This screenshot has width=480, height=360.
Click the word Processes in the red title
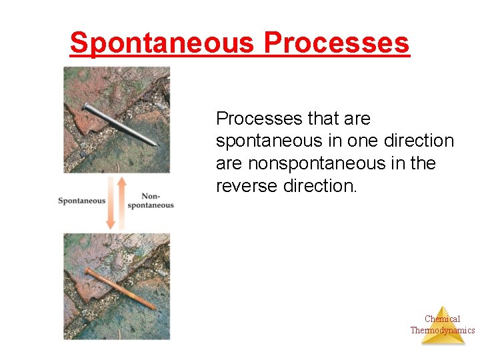pyautogui.click(x=337, y=43)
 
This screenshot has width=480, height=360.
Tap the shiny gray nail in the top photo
pyautogui.click(x=120, y=124)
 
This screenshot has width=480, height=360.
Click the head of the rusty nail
pyautogui.click(x=87, y=271)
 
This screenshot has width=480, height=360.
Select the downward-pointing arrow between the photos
pyautogui.click(x=111, y=203)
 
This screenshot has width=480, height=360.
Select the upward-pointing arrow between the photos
pyautogui.click(x=122, y=200)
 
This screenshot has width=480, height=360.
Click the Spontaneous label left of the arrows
pyautogui.click(x=81, y=201)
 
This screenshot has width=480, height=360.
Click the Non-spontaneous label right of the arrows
pyautogui.click(x=150, y=201)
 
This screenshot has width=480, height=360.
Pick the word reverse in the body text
pyautogui.click(x=247, y=185)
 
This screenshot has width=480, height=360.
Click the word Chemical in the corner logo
pyautogui.click(x=442, y=319)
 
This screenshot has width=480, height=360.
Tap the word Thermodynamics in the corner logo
pyautogui.click(x=442, y=330)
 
